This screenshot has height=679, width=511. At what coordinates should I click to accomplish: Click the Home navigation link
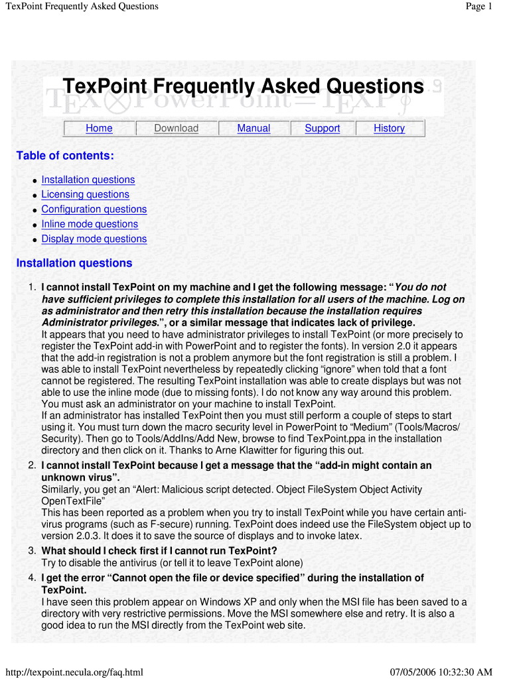click(x=99, y=128)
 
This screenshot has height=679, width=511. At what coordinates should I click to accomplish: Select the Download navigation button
click(x=176, y=128)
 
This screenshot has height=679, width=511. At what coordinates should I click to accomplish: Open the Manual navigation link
click(x=254, y=128)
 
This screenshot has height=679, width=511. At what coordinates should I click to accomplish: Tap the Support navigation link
click(x=322, y=128)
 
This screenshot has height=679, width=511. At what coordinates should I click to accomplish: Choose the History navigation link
click(x=389, y=128)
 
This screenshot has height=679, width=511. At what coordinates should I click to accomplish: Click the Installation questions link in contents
click(x=88, y=180)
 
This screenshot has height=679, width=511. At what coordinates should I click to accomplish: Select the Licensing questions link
click(x=85, y=194)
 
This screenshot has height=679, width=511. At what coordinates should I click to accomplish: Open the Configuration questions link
click(x=94, y=209)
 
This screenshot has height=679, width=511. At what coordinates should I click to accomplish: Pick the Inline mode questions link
click(x=90, y=224)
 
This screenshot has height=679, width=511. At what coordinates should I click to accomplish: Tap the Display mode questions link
click(x=94, y=239)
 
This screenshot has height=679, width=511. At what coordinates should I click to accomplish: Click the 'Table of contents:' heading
click(x=65, y=156)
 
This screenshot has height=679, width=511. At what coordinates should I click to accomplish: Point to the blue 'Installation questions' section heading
click(x=74, y=263)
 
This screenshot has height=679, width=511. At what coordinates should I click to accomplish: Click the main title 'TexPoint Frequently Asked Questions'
click(x=243, y=87)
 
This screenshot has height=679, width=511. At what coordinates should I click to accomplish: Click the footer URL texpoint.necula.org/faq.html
click(x=74, y=672)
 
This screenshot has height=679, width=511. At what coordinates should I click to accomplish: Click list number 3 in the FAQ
click(x=32, y=550)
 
